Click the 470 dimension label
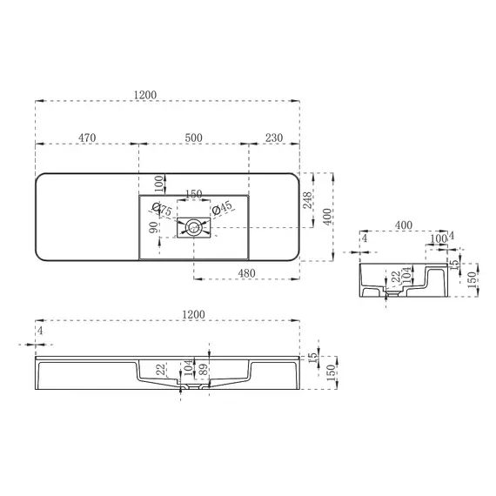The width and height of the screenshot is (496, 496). click(x=87, y=137)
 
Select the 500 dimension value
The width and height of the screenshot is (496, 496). click(x=193, y=137)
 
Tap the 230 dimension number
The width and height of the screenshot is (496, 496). click(x=274, y=137)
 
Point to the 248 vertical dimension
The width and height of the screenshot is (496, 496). click(x=307, y=200)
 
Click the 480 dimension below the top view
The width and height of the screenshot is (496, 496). click(x=246, y=273)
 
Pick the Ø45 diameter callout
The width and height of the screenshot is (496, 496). click(x=222, y=207)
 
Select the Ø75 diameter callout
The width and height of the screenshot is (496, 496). click(x=162, y=209)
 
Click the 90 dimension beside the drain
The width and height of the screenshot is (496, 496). click(x=153, y=227)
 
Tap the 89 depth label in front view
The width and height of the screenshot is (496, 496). click(x=204, y=369)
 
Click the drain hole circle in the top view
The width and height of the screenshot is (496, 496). click(x=193, y=228)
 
